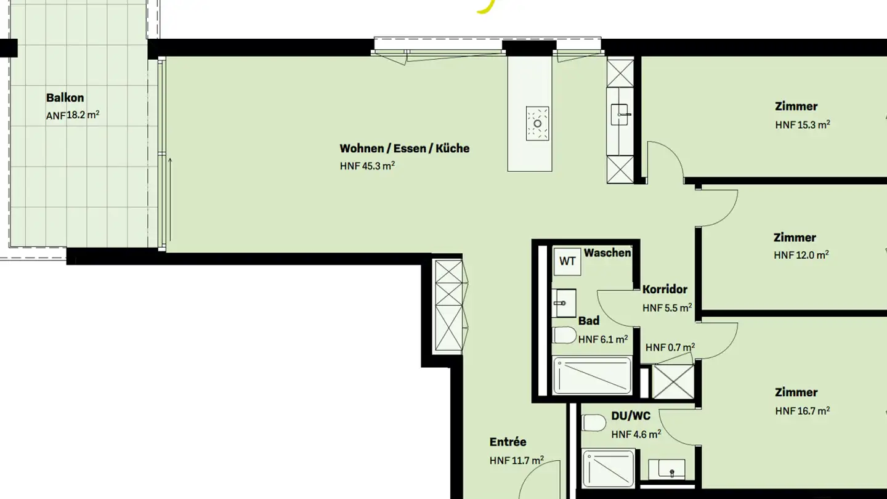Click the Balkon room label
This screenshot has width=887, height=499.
(65, 97)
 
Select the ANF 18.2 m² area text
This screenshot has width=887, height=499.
(73, 115)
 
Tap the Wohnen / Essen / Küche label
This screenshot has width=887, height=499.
(404, 148)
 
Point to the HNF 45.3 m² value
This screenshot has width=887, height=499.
(367, 166)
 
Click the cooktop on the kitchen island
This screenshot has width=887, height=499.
(537, 123)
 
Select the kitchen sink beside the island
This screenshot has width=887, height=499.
(620, 114)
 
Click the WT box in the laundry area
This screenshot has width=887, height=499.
(567, 261)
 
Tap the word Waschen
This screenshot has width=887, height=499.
(607, 253)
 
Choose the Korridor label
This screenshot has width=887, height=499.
(665, 289)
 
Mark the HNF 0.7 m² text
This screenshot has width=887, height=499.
(670, 347)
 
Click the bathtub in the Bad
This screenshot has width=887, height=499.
(592, 375)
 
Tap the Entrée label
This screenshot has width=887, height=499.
(508, 442)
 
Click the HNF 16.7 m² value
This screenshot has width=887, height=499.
(802, 411)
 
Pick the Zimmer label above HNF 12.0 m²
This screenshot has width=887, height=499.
(795, 237)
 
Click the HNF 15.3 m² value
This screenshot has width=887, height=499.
(802, 124)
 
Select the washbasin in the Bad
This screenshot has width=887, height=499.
(564, 302)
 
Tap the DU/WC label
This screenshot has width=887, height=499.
(631, 416)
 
